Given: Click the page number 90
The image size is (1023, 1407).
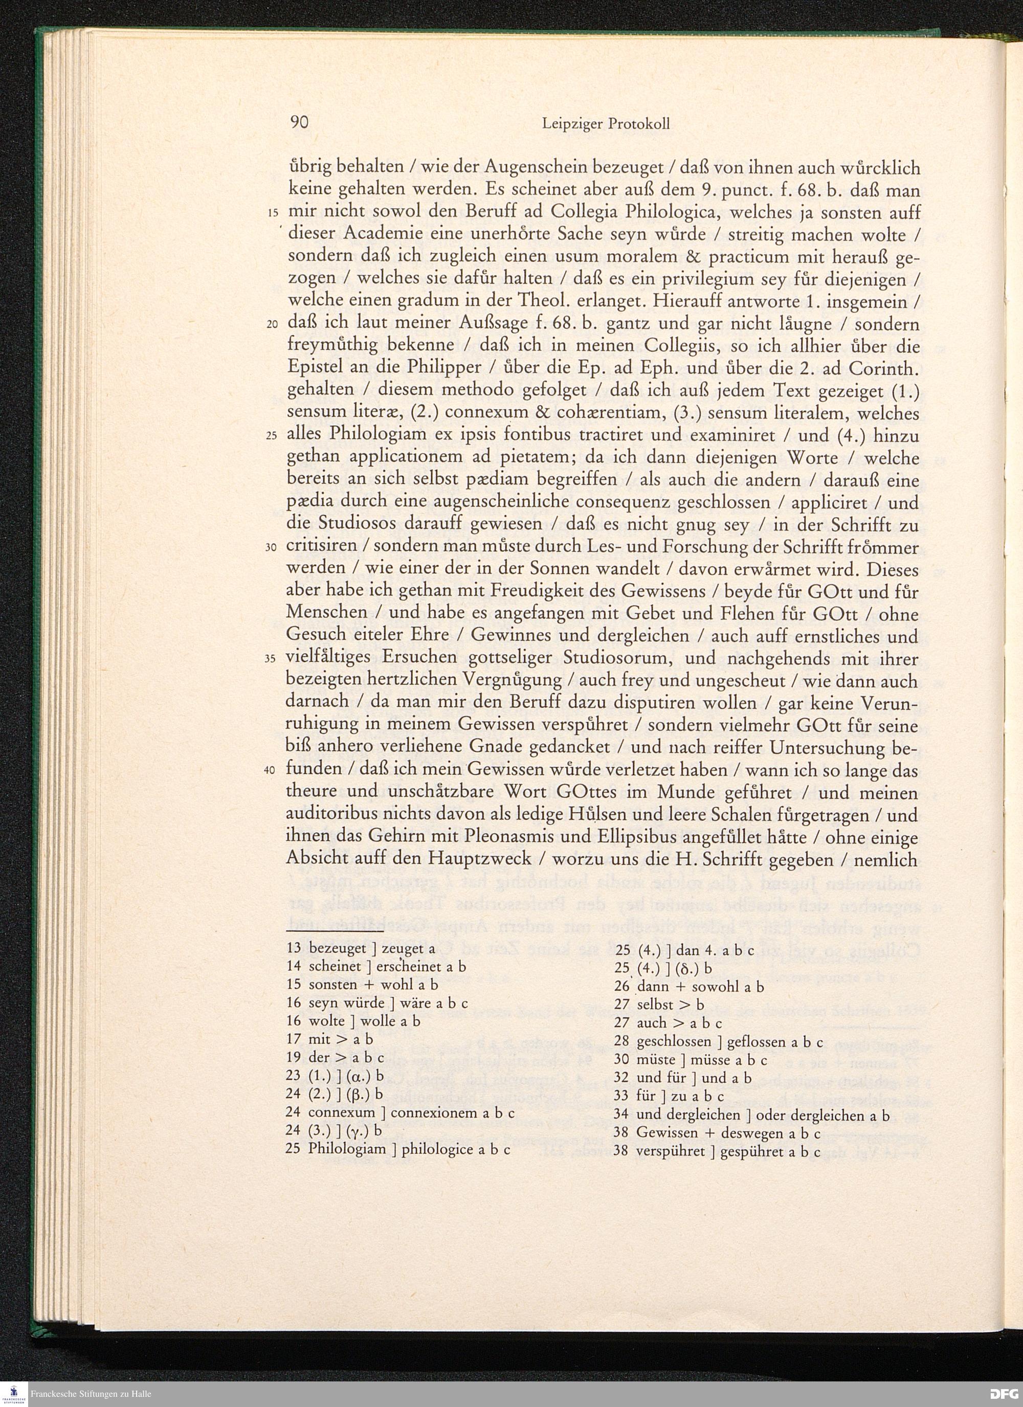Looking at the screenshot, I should click(x=299, y=123).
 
